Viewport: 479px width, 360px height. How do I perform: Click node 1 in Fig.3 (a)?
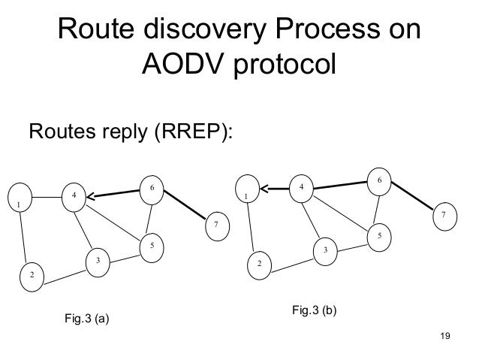coord(18,204)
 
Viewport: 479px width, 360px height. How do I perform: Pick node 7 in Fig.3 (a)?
coord(216,224)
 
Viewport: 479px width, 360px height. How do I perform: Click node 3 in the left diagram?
coord(97,260)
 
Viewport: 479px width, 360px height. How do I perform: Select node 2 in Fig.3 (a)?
coord(32,276)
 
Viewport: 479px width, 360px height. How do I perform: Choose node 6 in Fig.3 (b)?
coord(380,180)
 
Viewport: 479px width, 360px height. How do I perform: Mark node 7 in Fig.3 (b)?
coord(444,216)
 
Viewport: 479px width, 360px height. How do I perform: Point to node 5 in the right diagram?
coord(379,236)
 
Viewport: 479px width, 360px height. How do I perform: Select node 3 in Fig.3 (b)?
coord(325,250)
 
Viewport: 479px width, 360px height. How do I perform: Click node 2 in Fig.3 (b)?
coord(260,265)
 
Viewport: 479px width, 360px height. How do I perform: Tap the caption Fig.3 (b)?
coord(315,309)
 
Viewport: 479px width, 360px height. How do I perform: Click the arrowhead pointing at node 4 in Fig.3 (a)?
coord(90,198)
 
